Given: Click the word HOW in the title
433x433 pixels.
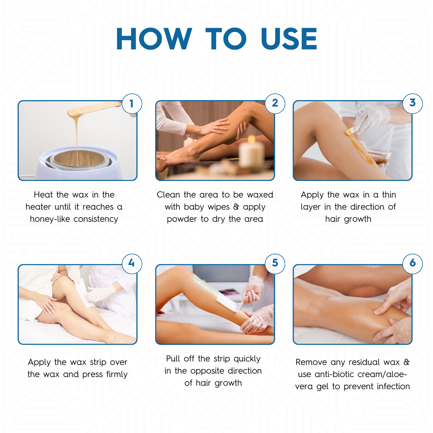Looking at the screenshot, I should pos(154,39).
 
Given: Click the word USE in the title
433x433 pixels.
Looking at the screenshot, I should pos(289,39).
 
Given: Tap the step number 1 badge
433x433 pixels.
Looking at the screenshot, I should pos(132,104).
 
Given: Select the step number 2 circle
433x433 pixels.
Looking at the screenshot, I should pos(275,103).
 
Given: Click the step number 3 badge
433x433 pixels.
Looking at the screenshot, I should pos(412,103).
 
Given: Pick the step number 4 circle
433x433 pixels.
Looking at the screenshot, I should pos(132,263).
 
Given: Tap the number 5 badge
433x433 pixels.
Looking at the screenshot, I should pos(275,263).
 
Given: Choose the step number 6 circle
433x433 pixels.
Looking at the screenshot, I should pos(412,263).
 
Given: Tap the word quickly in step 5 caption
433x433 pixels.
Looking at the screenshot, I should pos(247,359).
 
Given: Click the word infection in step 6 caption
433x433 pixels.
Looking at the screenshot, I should pos(393,386).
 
